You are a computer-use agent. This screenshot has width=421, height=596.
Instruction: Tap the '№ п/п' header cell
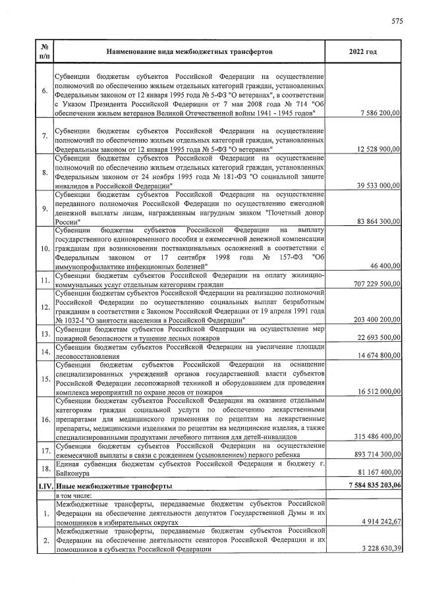click(43, 51)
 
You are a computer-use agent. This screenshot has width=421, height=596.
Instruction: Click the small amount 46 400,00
click(383, 265)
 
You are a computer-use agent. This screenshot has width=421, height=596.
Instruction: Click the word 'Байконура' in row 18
click(73, 474)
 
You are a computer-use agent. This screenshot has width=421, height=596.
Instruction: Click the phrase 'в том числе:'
click(76, 495)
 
